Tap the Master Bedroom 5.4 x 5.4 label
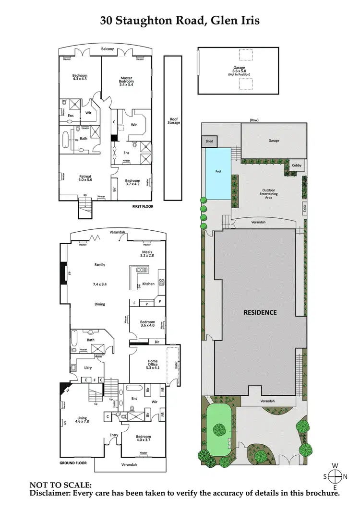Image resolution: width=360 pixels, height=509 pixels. (126, 80)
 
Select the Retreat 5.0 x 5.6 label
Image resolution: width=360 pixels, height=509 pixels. (85, 178)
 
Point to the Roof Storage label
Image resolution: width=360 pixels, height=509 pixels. (174, 121)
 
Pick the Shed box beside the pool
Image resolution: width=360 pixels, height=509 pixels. (209, 142)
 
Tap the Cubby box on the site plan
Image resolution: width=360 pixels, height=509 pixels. (297, 166)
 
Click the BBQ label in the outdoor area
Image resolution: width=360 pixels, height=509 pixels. (304, 209)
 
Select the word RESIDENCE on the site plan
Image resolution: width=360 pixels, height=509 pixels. (260, 312)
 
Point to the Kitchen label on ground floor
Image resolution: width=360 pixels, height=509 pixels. (148, 284)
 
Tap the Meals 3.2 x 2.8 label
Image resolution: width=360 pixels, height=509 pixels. (147, 254)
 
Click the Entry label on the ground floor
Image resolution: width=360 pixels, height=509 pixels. (114, 435)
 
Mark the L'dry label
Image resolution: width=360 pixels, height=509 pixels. (88, 367)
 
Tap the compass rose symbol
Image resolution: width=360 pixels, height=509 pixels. (335, 476)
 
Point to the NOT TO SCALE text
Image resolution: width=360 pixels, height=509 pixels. (60, 485)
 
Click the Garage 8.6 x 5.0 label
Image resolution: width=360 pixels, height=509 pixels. (239, 70)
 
